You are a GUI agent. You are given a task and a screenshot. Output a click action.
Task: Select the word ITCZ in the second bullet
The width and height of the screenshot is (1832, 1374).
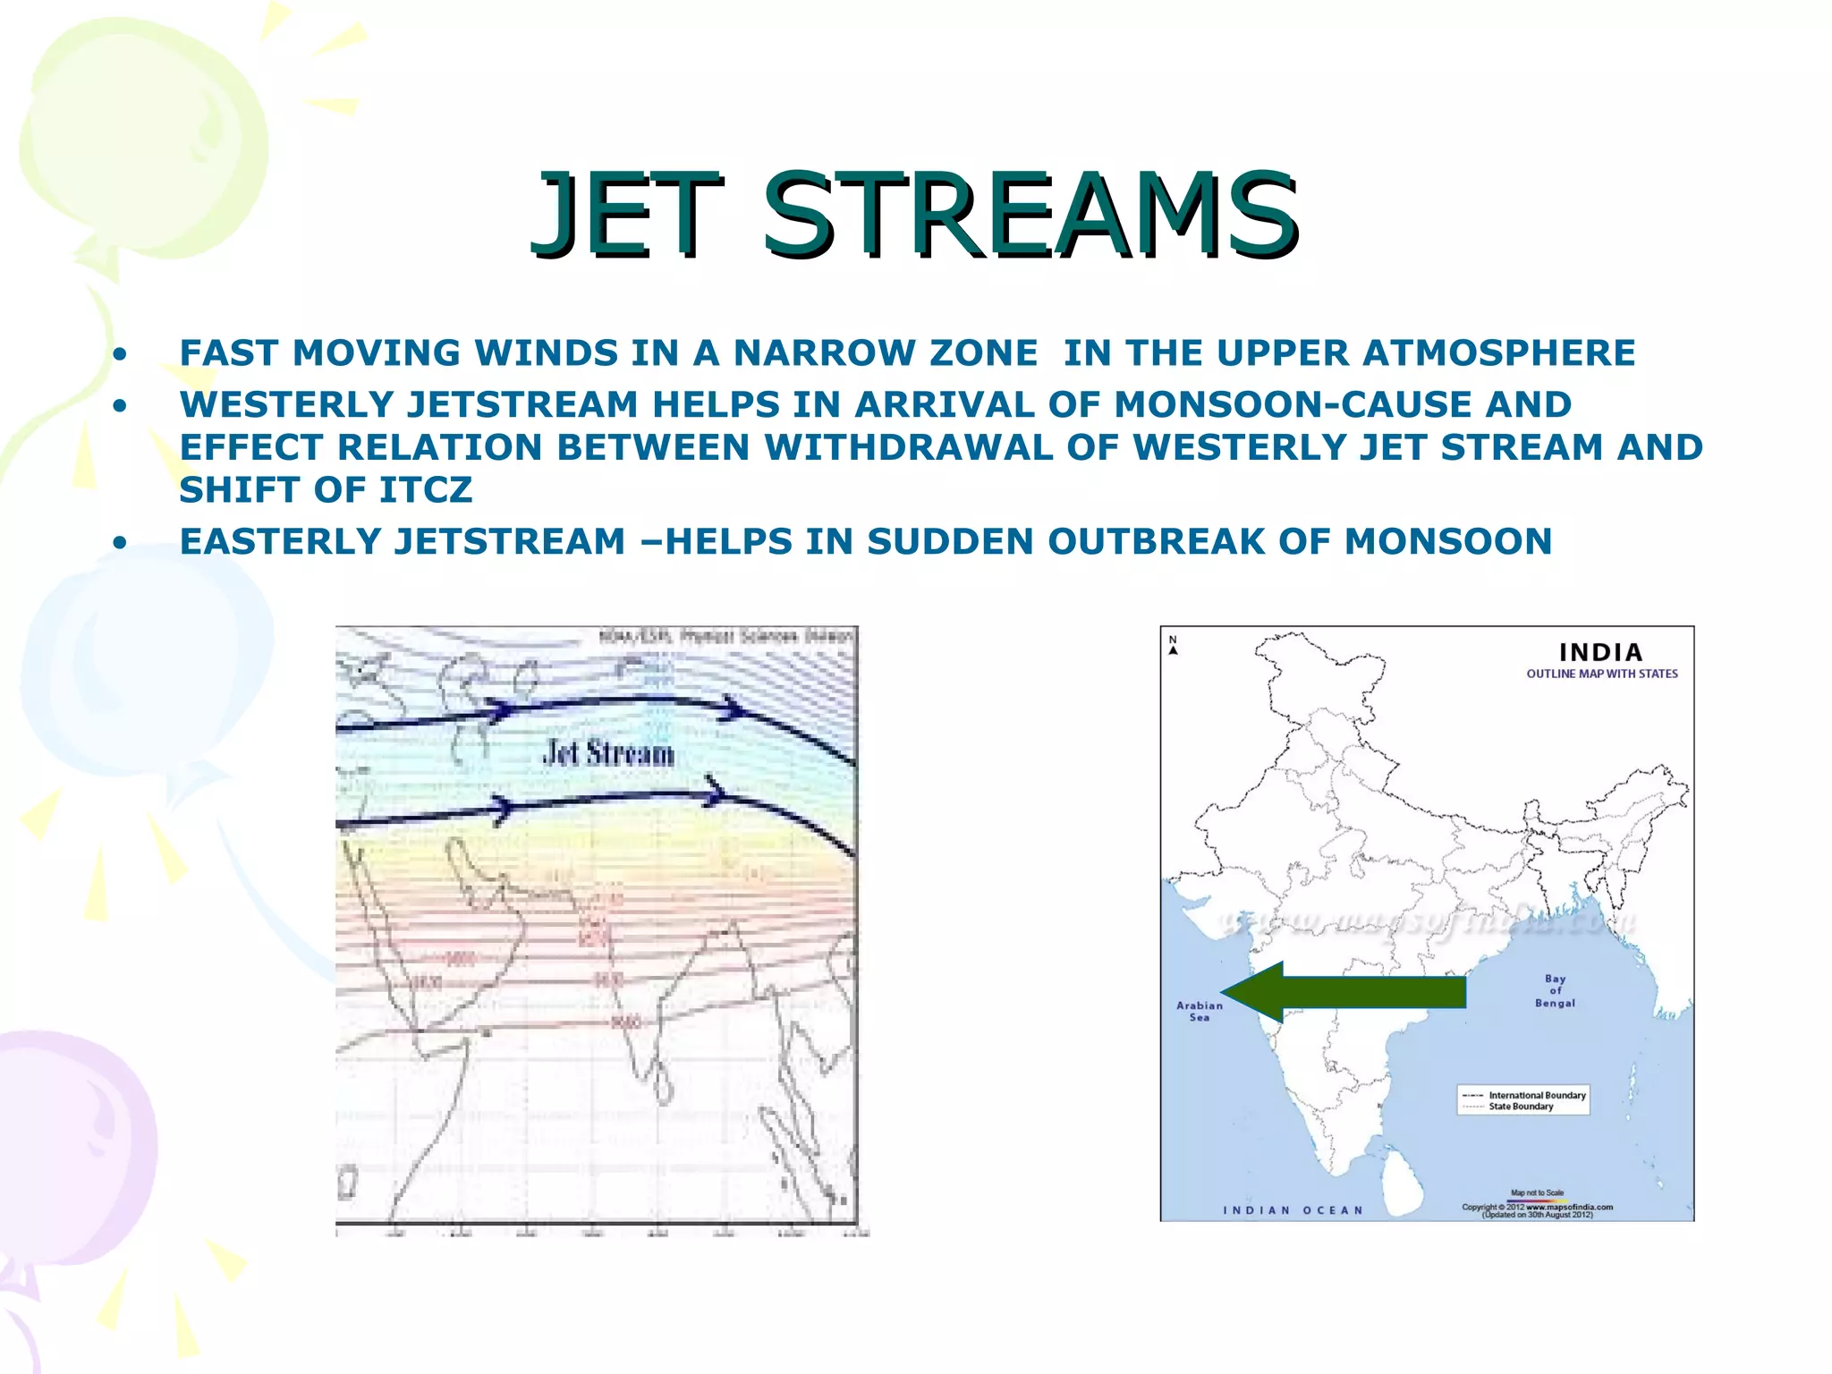pyautogui.click(x=425, y=489)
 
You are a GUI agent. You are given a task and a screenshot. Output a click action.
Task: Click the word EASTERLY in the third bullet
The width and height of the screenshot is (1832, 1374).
pyautogui.click(x=281, y=541)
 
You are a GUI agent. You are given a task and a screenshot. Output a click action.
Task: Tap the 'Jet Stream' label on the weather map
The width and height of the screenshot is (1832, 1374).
pyautogui.click(x=608, y=753)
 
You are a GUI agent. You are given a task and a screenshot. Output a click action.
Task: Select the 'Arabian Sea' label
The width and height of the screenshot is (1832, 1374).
pyautogui.click(x=1199, y=1011)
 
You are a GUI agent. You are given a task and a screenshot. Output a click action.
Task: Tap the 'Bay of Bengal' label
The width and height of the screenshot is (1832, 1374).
pyautogui.click(x=1555, y=990)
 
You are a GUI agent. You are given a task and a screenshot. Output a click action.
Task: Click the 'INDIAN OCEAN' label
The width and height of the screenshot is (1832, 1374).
pyautogui.click(x=1293, y=1210)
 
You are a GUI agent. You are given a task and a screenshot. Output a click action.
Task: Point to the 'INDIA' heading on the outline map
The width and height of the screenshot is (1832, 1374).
pyautogui.click(x=1600, y=652)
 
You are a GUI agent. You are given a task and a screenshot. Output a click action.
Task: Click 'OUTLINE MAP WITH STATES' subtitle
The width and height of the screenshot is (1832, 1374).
pyautogui.click(x=1601, y=674)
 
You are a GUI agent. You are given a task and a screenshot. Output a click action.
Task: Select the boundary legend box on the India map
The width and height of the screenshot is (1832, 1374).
pyautogui.click(x=1522, y=1100)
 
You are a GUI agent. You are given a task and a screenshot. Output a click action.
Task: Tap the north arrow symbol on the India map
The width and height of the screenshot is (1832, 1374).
pyautogui.click(x=1173, y=646)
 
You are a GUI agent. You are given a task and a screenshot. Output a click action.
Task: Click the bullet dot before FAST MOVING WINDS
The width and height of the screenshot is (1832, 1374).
pyautogui.click(x=119, y=354)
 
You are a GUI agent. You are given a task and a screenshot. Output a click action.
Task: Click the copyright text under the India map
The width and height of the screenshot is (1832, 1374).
pyautogui.click(x=1537, y=1209)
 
